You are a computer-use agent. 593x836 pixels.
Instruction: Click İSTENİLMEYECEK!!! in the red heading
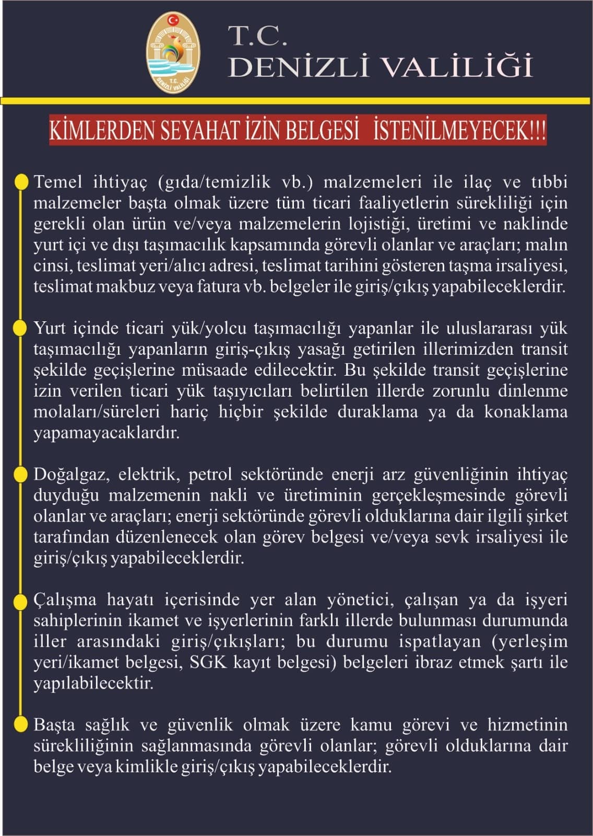(459, 131)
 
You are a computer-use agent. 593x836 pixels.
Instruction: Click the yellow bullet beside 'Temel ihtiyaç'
(21, 182)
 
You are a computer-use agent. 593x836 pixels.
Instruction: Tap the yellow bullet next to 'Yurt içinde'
(21, 328)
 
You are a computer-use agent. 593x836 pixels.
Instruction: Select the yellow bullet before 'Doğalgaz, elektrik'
(21, 474)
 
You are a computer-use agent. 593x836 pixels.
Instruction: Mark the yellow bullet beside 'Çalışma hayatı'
(21, 600)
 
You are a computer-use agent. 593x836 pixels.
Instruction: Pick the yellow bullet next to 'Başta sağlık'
(21, 725)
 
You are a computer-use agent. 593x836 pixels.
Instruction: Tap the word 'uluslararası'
(488, 328)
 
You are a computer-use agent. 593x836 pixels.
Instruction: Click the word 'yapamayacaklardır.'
(106, 433)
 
